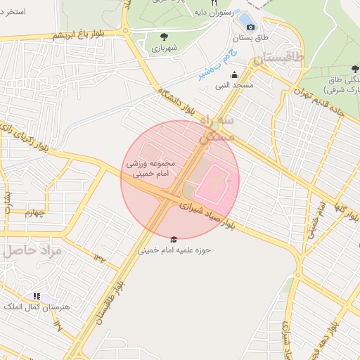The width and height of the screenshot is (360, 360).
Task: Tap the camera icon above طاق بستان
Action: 251,27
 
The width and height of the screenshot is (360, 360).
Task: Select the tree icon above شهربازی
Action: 164,37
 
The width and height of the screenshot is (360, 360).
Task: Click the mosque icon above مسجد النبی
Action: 234,75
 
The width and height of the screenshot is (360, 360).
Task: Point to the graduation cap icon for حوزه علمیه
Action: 174,240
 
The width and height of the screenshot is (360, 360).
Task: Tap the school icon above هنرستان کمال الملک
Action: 37,297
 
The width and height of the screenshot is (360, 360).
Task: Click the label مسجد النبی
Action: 234,85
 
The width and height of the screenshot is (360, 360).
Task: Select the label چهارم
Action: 32,212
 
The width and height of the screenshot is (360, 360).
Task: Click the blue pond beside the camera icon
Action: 245,18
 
